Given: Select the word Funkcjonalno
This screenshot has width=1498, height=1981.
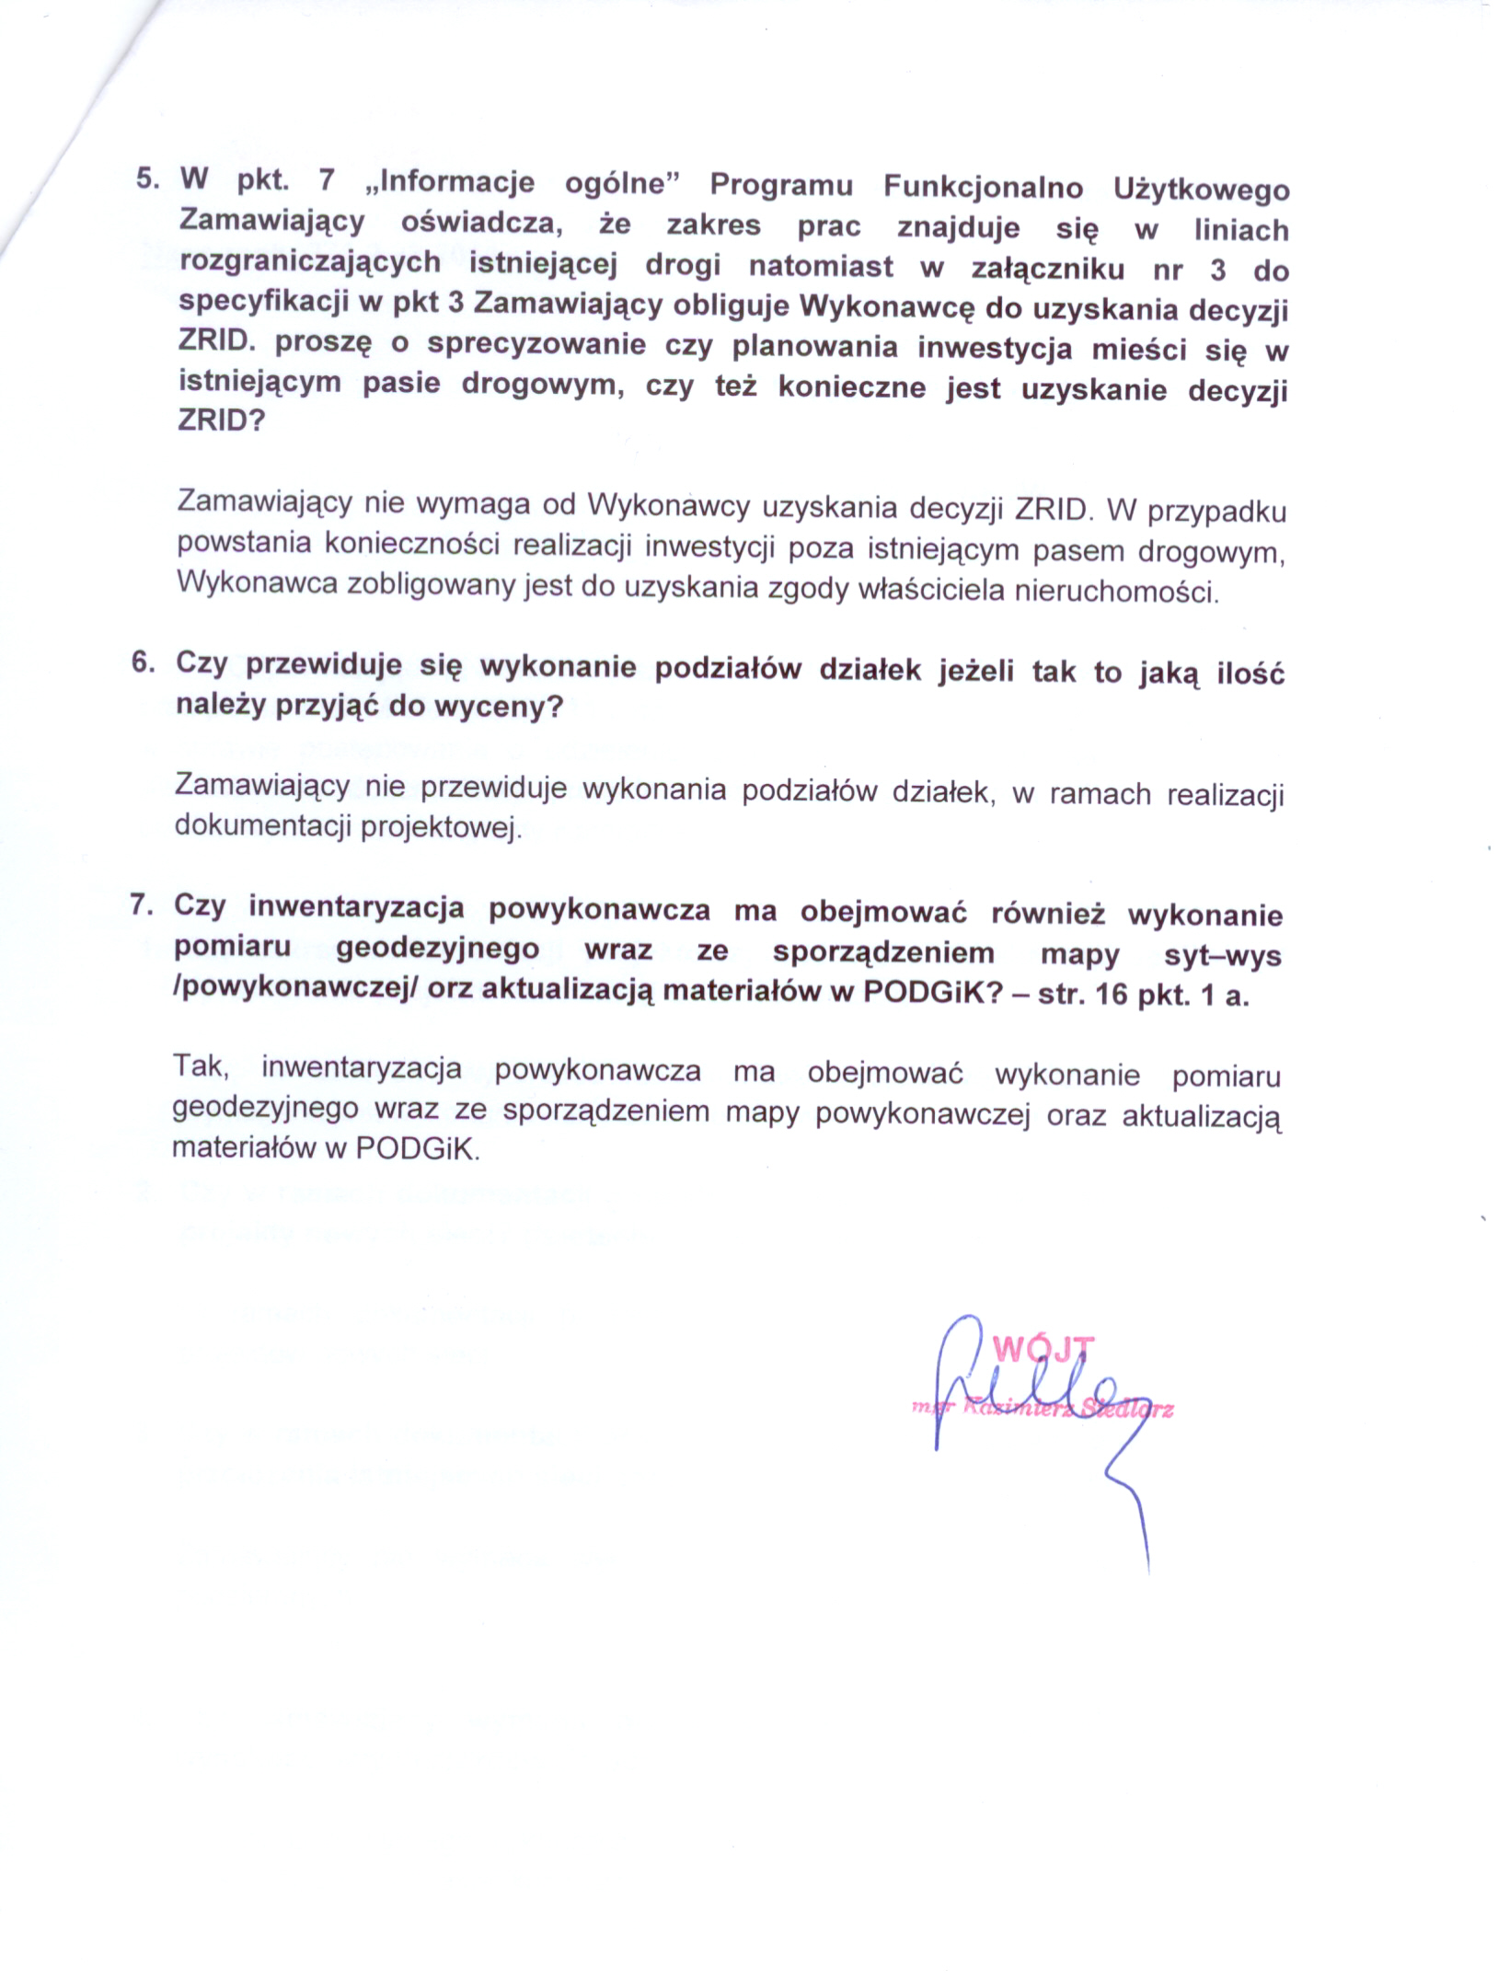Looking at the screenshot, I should [x=983, y=187].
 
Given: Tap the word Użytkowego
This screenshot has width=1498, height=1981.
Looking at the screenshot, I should [x=1201, y=190].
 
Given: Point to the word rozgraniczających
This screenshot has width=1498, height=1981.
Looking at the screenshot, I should [x=310, y=263].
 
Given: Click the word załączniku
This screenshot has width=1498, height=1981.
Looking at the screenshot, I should [x=1047, y=268].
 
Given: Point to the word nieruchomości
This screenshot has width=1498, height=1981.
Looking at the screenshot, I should [x=1116, y=592].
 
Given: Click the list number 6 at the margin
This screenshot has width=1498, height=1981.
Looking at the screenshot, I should [x=142, y=662].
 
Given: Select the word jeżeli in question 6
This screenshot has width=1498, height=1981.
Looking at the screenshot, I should [x=975, y=671].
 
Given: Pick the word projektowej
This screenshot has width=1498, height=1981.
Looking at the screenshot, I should [x=441, y=827].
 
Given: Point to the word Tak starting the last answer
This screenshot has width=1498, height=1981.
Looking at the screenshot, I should [x=199, y=1065].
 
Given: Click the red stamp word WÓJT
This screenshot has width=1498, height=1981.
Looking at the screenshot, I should [x=1043, y=1349].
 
